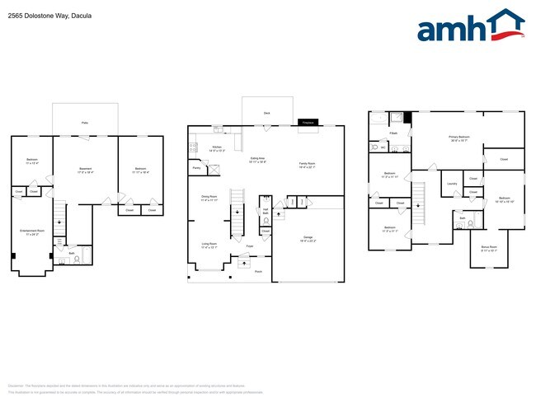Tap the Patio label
85,123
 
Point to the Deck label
266,113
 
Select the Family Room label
307,163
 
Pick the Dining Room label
209,196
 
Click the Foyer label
248,245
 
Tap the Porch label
257,270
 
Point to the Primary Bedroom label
459,137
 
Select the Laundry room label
453,184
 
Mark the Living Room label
209,244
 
